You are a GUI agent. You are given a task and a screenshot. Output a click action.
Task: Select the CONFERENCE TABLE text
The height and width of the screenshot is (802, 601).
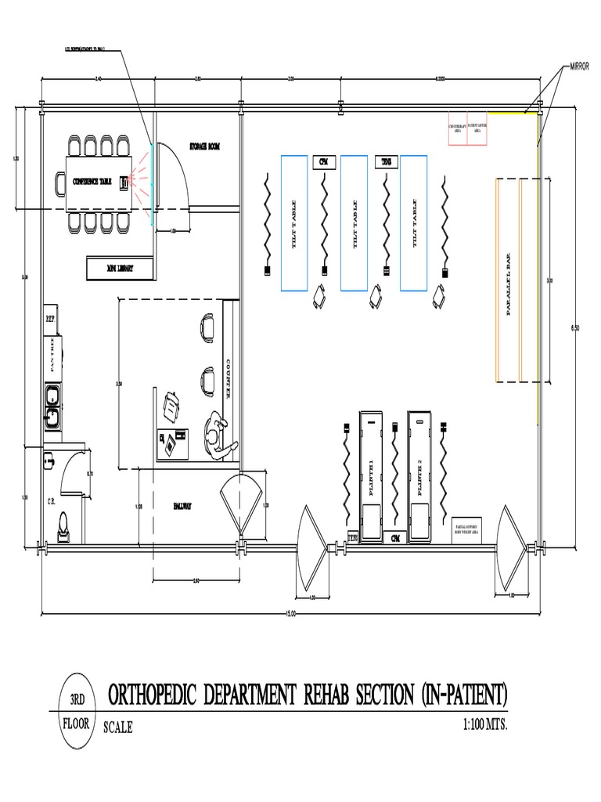pyautogui.click(x=92, y=182)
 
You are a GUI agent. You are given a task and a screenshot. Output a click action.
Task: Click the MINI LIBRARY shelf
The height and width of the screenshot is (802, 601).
pyautogui.click(x=120, y=268)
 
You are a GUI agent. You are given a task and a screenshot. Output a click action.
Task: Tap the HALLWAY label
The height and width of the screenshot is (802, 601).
pyautogui.click(x=182, y=506)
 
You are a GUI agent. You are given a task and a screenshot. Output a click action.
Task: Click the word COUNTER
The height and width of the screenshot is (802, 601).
pyautogui.click(x=228, y=379)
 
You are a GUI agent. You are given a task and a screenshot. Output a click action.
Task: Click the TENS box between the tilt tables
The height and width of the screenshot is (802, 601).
pyautogui.click(x=386, y=161)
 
